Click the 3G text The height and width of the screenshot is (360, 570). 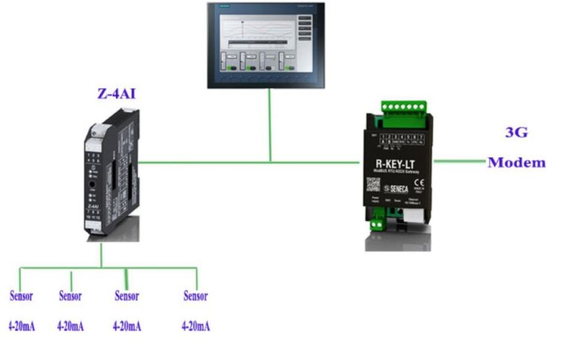(x=517, y=133)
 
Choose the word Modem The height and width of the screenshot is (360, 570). (x=517, y=162)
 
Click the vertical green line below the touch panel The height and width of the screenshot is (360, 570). (x=270, y=126)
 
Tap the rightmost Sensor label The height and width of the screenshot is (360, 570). (x=195, y=296)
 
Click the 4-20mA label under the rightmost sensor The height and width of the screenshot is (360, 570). (x=196, y=326)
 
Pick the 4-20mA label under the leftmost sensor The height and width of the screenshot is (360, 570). (x=22, y=326)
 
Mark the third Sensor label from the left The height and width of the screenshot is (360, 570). (x=127, y=296)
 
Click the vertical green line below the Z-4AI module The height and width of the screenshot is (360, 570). (x=102, y=255)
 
